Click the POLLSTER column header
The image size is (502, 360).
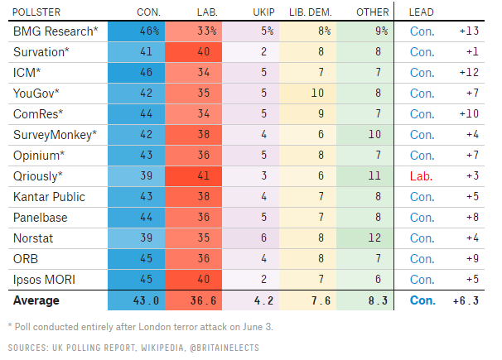pyautogui.click(x=36, y=12)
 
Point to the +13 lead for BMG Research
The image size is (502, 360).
pyautogui.click(x=468, y=31)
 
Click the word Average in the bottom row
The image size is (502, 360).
pyautogui.click(x=36, y=300)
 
